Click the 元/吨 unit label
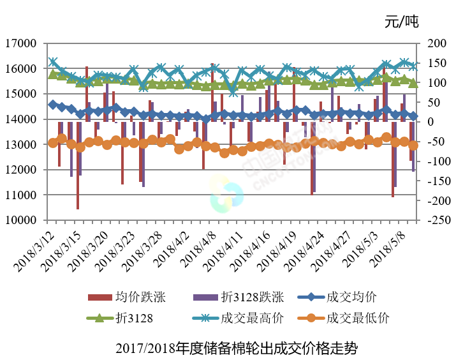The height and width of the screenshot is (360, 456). pos(401,22)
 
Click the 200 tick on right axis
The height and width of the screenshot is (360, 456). pos(432,44)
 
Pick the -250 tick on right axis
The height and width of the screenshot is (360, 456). pos(432,220)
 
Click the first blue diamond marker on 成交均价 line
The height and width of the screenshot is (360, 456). pos(53,104)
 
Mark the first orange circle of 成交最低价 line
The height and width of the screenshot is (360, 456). pos(53,143)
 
